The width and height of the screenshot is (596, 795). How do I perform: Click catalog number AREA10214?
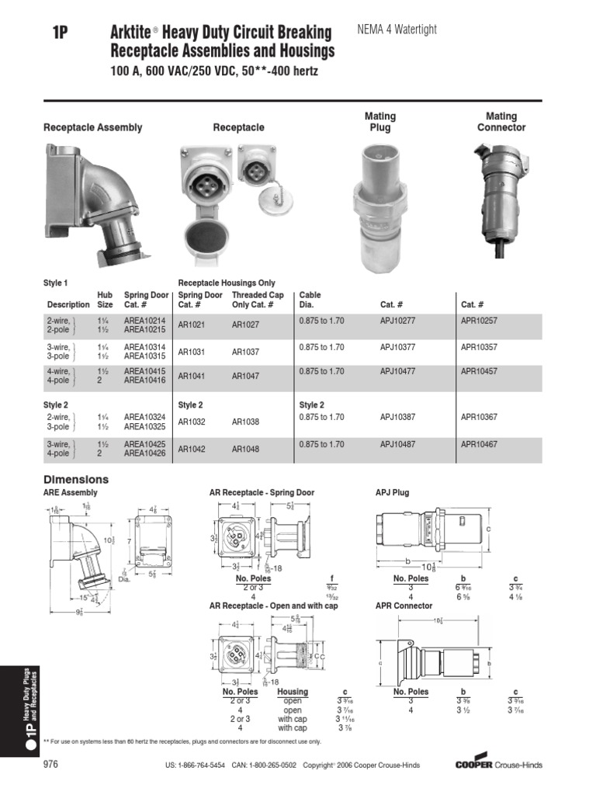144,320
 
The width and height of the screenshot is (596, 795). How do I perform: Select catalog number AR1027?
245,325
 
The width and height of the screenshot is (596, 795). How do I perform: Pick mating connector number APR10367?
479,417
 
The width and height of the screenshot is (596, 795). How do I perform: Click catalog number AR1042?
192,450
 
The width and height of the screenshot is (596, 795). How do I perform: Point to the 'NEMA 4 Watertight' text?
397,30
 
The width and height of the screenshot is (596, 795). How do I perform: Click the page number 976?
50,765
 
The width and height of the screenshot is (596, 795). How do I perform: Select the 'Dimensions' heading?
76,480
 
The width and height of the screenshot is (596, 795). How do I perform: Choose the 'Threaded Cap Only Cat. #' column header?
258,300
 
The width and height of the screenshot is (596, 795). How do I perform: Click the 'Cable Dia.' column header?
310,300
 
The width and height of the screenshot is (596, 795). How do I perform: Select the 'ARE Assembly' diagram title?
71,493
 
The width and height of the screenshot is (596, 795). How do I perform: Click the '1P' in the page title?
61,33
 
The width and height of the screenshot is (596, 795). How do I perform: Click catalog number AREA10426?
144,453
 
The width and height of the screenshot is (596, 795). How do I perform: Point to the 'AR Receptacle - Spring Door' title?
262,493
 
